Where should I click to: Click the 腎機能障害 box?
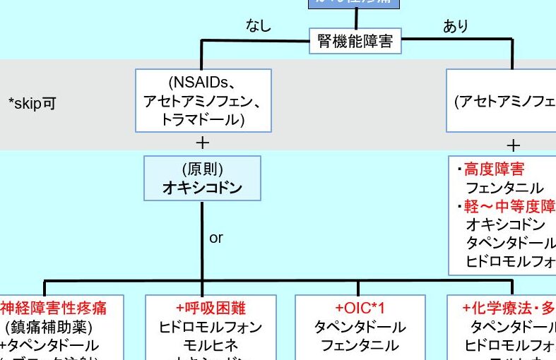(x=355, y=42)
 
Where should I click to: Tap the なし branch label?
(x=258, y=27)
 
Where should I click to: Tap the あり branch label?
(x=456, y=27)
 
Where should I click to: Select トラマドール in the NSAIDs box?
(x=203, y=120)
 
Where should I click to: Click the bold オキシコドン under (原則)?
(x=202, y=188)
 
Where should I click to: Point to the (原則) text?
(x=202, y=171)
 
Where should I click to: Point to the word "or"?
(x=216, y=238)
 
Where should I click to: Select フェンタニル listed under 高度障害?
(x=504, y=188)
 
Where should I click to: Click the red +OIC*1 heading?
(x=360, y=308)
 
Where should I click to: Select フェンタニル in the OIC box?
(x=360, y=346)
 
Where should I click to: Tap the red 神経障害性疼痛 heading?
(x=53, y=308)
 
